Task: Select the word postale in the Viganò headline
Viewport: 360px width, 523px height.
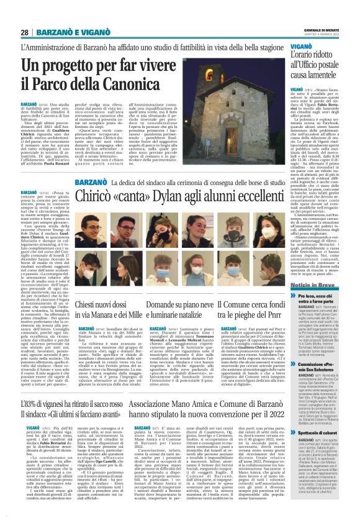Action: tap(326, 65)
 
